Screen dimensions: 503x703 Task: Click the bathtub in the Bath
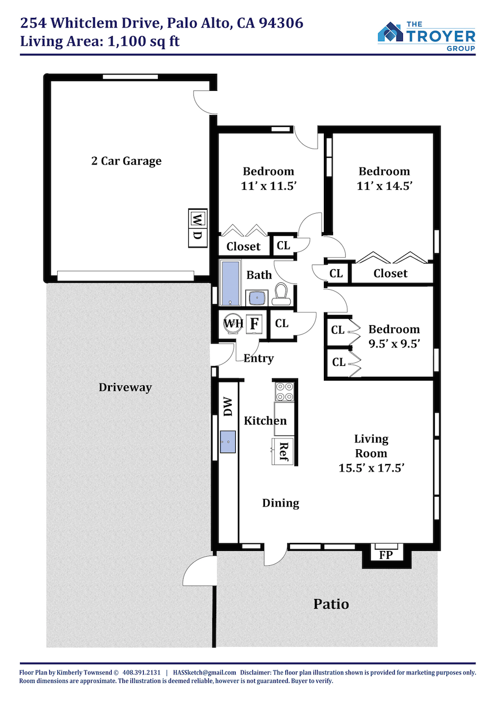230,283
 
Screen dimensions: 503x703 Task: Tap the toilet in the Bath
281,294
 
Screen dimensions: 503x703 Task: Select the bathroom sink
257,297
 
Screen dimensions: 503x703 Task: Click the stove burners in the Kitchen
284,392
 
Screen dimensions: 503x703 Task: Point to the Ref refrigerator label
284,452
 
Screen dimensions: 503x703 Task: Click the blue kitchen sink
228,442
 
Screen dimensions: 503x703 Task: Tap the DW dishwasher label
227,406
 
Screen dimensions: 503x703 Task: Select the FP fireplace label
386,555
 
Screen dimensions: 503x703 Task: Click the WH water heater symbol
233,323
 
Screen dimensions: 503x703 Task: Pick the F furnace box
254,323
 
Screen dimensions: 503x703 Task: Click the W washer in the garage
197,218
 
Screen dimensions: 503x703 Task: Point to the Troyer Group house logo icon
390,31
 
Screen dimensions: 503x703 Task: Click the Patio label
331,604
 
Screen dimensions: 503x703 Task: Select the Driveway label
125,388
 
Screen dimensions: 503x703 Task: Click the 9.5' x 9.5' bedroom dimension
394,343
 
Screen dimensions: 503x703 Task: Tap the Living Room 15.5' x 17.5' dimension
371,468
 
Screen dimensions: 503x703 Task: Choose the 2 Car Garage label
126,161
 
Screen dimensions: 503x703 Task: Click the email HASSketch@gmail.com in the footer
204,672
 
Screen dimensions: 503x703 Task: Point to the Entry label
259,358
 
